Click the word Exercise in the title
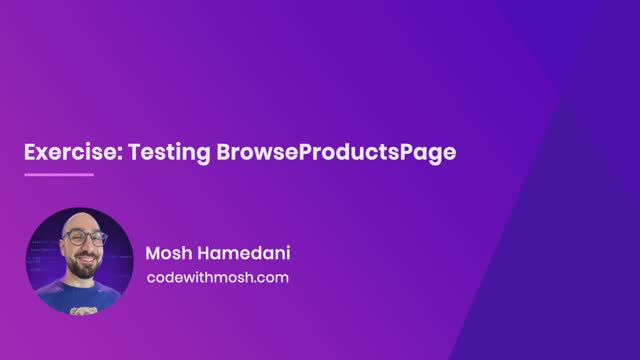tap(64, 153)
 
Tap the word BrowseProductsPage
tap(336, 153)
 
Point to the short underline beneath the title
tap(58, 175)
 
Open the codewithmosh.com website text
tap(217, 277)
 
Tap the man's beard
tap(79, 262)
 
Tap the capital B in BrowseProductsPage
tap(224, 153)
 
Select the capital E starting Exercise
tap(30, 153)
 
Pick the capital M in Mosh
tap(153, 252)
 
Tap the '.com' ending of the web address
tap(271, 277)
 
